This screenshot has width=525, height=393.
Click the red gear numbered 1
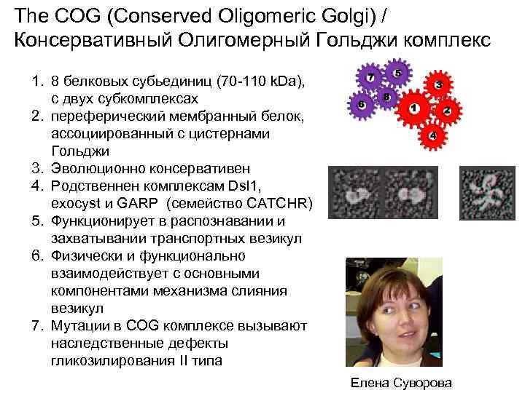click(x=414, y=109)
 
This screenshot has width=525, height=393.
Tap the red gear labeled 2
click(x=448, y=111)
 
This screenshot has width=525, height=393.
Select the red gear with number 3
click(x=439, y=85)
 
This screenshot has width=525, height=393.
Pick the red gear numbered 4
click(x=433, y=135)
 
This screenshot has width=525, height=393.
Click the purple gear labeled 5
click(x=397, y=74)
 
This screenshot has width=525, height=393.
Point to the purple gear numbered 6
click(x=361, y=104)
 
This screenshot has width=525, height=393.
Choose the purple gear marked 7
click(x=371, y=77)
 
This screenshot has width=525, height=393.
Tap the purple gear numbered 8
click(x=386, y=96)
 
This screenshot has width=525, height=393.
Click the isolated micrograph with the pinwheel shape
click(x=483, y=194)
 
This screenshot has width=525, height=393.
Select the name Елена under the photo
click(x=368, y=382)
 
